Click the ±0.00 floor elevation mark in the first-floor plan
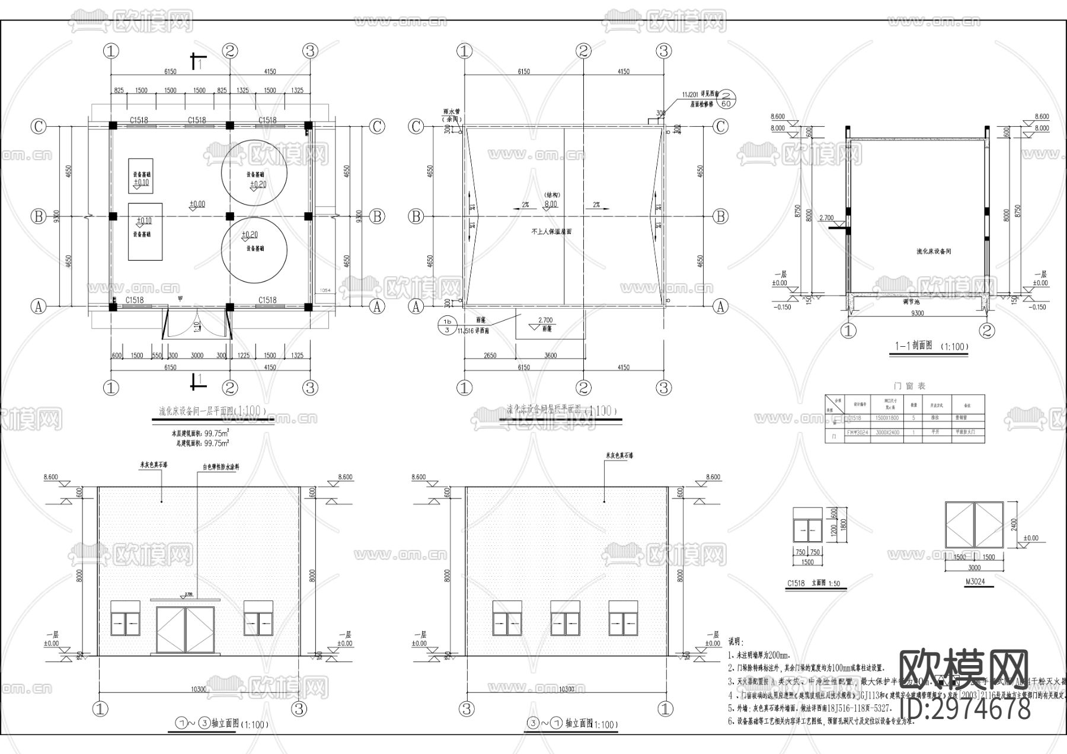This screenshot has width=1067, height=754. tap(197, 205)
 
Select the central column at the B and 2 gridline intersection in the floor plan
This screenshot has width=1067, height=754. tap(230, 216)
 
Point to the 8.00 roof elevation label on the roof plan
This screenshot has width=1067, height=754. tap(551, 204)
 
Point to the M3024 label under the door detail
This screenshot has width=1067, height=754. tap(974, 582)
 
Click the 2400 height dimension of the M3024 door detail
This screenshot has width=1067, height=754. tap(1014, 525)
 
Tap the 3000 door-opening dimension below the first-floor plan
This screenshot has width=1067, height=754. tap(197, 356)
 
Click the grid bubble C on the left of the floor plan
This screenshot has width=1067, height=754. tap(39, 126)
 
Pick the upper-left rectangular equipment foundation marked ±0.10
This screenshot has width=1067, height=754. tap(140, 175)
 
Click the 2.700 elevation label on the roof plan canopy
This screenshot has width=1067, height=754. tap(545, 321)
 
